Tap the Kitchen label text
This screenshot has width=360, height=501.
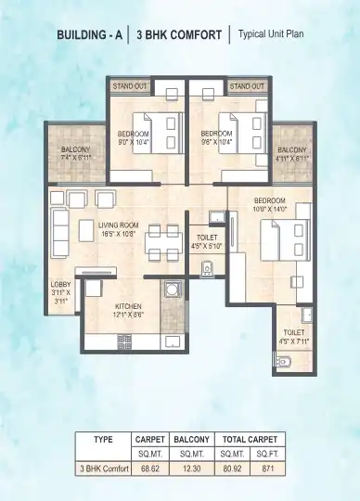(x=127, y=307)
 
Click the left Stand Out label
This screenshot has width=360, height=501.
(x=130, y=86)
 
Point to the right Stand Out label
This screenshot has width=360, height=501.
(x=246, y=86)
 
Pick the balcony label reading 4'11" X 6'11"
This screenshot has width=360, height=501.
(x=293, y=154)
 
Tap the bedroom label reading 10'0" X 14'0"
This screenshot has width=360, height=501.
(x=269, y=204)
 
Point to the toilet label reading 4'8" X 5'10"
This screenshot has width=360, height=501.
(x=206, y=242)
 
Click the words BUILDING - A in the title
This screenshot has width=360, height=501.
(x=89, y=37)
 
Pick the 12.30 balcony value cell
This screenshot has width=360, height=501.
(x=192, y=468)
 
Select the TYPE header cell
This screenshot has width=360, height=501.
(x=102, y=439)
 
